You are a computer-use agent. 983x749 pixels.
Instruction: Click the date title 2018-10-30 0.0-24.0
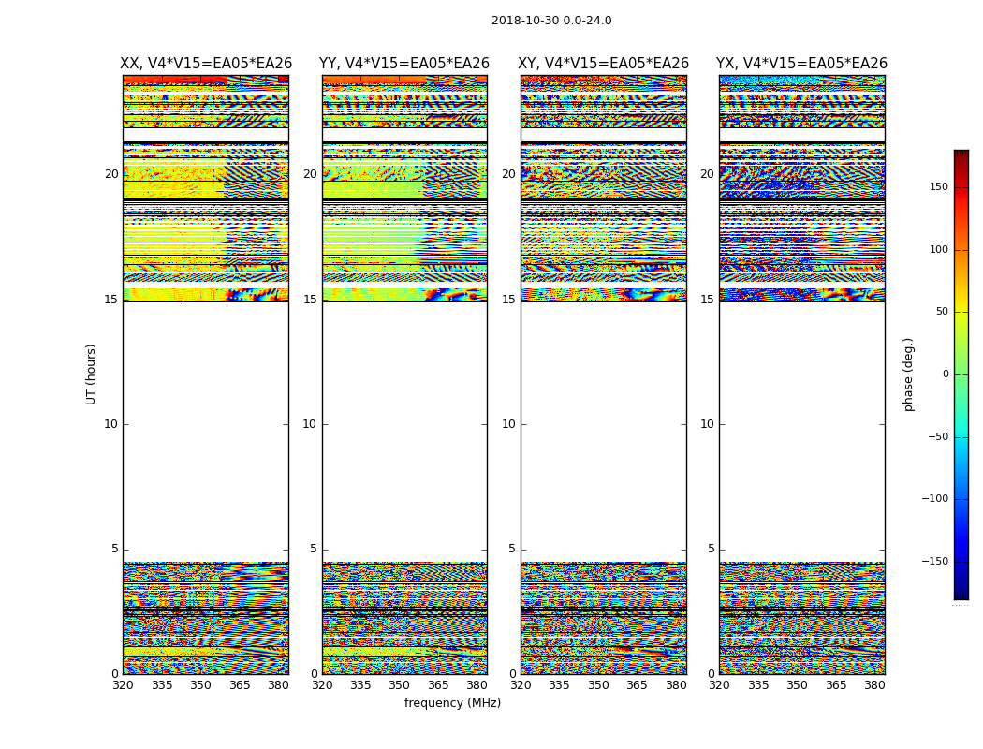551,21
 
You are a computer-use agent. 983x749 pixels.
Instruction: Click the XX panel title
206,64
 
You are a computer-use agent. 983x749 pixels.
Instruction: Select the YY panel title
404,64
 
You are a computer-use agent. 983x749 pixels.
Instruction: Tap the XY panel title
604,64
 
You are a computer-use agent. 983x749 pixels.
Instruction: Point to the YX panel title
801,64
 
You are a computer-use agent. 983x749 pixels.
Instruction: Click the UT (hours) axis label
91,374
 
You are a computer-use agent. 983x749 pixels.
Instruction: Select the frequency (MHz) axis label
452,703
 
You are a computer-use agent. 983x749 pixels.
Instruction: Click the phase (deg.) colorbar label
908,374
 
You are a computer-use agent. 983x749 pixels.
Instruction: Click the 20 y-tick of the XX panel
111,174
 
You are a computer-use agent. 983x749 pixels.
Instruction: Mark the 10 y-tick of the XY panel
508,424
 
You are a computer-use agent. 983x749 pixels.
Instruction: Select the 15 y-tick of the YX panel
707,300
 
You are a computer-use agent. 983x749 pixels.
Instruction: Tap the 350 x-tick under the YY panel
400,685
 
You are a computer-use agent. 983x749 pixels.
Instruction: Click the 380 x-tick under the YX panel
874,685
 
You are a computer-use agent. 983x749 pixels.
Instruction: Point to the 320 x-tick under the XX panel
123,685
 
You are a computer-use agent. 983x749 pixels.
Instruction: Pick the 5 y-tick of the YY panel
314,550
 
